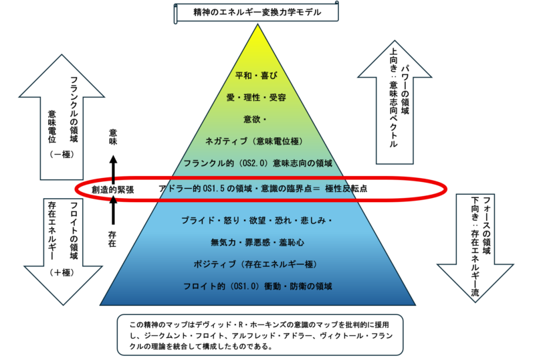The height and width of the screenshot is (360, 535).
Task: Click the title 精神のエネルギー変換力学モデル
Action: click(257, 12)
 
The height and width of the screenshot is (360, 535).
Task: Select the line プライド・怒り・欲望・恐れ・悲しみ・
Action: click(257, 220)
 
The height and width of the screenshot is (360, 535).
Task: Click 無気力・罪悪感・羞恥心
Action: click(257, 242)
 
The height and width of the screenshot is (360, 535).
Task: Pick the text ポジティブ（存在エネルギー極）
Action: click(257, 264)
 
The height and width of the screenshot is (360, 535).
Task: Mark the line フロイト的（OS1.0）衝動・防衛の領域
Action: click(257, 286)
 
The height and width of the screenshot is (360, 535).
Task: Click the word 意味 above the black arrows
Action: click(113, 137)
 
